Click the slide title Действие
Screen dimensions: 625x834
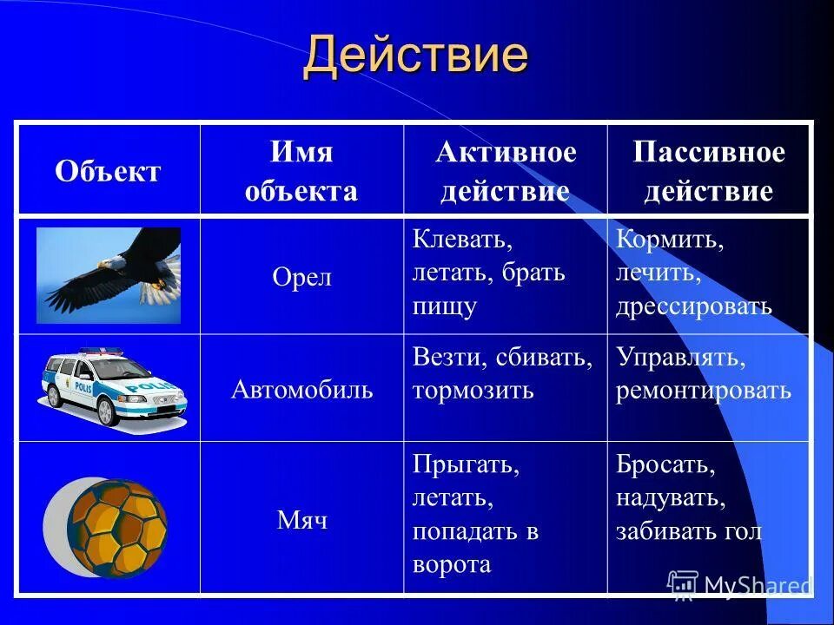coord(415,56)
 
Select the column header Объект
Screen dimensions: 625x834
coord(108,171)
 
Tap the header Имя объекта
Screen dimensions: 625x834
coord(301,171)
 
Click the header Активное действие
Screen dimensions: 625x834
coord(505,171)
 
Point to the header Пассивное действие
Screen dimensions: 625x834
coord(708,171)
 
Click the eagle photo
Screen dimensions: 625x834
coord(109,275)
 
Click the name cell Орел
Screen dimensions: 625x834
coord(301,278)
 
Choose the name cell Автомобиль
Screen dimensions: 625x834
coord(301,389)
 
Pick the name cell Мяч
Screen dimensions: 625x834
coord(301,520)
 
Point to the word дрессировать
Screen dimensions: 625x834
coord(693,306)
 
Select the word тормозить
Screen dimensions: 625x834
coord(473,390)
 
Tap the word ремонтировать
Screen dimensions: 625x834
coord(704,390)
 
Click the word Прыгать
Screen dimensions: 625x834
coord(466,464)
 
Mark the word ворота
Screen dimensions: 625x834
coord(452,564)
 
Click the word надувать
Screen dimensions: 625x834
coord(670,498)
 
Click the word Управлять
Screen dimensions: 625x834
coord(681,357)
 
